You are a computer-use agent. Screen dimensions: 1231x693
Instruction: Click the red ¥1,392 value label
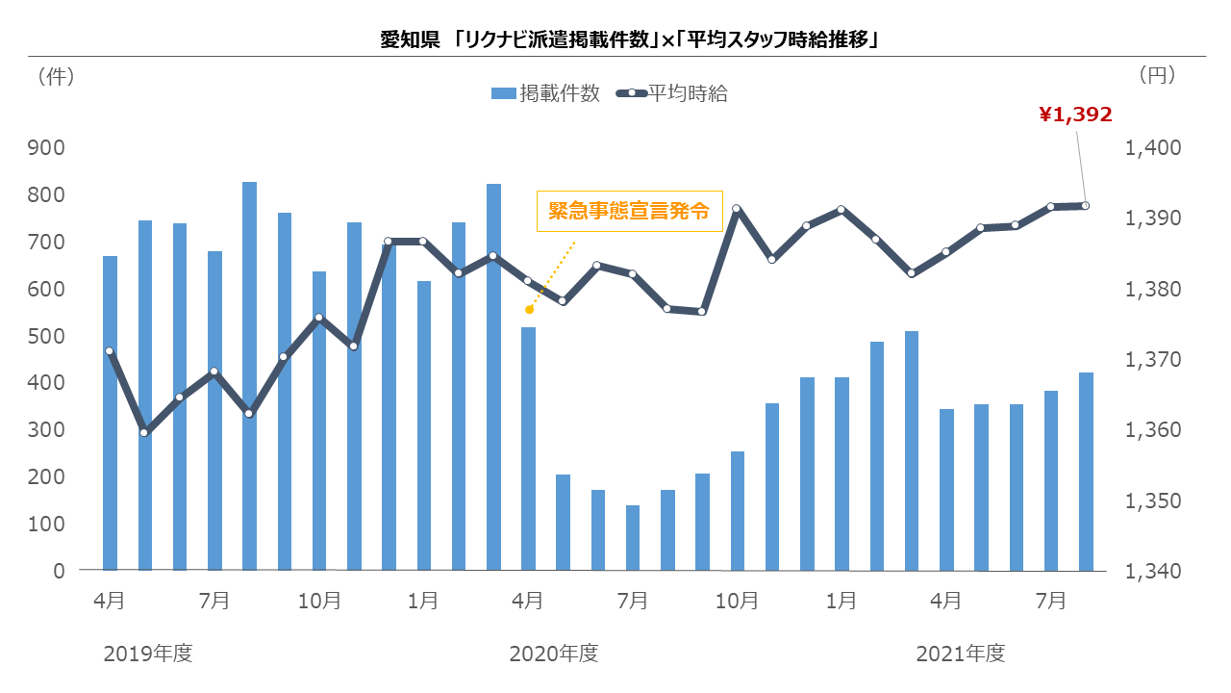coord(1075,115)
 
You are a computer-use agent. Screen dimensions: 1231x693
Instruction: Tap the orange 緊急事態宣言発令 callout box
coord(629,211)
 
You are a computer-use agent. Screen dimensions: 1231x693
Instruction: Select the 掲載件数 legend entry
coord(545,93)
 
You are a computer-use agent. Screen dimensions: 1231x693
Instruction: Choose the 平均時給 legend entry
coord(671,93)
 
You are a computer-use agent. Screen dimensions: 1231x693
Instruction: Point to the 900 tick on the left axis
coord(46,147)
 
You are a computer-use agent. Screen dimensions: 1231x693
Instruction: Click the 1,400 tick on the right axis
coord(1153,147)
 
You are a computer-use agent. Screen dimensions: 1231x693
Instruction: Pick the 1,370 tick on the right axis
coord(1153,360)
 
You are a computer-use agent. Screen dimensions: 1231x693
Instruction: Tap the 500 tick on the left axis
coord(46,336)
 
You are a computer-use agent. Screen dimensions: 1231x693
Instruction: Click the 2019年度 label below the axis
coord(148,654)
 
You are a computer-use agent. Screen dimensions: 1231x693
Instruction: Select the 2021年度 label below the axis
coord(961,654)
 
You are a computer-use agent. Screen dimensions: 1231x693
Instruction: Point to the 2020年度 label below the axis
coord(554,654)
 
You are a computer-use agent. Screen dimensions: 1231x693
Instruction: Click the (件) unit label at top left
coord(56,76)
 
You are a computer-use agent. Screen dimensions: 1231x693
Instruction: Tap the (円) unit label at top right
coord(1157,75)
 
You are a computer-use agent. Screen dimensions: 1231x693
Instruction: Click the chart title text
coord(630,39)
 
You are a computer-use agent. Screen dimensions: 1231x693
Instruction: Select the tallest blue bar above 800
coord(249,376)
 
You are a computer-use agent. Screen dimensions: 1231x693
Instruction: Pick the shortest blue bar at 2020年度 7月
coord(633,538)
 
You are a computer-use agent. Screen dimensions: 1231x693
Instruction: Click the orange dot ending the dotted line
coord(529,310)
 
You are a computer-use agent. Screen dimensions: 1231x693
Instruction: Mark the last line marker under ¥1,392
coord(1086,206)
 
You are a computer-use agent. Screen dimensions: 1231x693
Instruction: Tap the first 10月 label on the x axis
coord(319,602)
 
